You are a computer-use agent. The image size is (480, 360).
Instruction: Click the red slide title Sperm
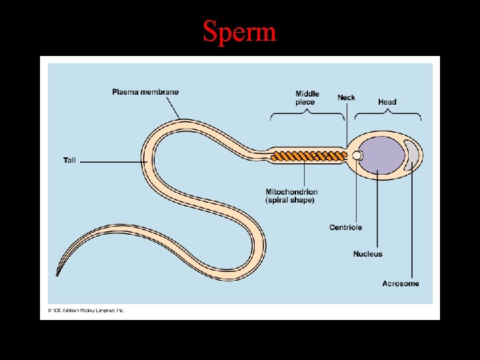coord(239,31)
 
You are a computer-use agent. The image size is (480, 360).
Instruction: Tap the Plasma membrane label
coord(145,91)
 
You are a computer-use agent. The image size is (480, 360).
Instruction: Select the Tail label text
coord(70,160)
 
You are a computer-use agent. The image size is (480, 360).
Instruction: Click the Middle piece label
coord(307,97)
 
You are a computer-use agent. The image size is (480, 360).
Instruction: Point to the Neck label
coord(346,97)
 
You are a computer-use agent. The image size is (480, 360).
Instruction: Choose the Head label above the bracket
coord(387,102)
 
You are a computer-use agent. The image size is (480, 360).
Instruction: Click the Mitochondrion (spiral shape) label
coord(291,196)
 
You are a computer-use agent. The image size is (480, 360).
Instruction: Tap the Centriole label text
coord(345,227)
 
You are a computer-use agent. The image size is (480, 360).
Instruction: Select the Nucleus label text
coord(368,254)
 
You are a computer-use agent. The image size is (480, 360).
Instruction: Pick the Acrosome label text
coord(401,283)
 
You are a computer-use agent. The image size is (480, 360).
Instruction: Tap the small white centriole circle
coord(357,156)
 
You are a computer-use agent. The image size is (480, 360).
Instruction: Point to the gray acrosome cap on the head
coord(415,153)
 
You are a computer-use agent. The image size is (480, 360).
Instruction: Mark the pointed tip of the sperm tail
coord(57,275)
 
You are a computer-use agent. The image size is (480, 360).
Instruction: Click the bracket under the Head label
coord(387,113)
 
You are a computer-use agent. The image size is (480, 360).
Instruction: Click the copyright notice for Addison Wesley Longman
coord(85,310)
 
